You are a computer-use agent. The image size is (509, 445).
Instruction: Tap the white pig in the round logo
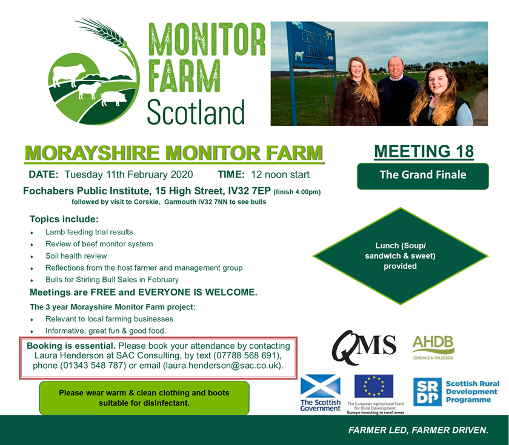pos(114,98)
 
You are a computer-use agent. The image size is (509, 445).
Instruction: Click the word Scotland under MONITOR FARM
pos(196,112)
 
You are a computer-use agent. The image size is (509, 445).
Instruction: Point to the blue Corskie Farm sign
pos(311,46)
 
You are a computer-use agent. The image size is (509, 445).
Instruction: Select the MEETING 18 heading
pos(424,151)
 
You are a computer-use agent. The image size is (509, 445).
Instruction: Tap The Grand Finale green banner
pos(423,176)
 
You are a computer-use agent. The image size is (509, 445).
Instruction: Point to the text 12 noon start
pos(280,174)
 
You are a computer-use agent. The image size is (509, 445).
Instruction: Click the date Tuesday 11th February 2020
pos(128,174)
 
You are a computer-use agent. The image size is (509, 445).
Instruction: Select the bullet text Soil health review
pos(76,256)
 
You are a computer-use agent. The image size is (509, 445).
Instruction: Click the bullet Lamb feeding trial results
pos(89,232)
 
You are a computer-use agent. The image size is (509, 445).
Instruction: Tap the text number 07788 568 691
pos(246,355)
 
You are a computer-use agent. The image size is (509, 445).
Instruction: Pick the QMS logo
pos(364,347)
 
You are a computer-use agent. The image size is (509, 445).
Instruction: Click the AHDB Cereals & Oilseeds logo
pos(433,348)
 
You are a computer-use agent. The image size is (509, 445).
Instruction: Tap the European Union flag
pos(374,386)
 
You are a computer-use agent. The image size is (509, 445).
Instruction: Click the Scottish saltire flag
pos(321,386)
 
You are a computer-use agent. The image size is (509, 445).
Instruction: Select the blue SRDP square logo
pos(427,392)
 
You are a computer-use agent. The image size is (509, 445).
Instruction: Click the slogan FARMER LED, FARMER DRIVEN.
pos(418,430)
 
